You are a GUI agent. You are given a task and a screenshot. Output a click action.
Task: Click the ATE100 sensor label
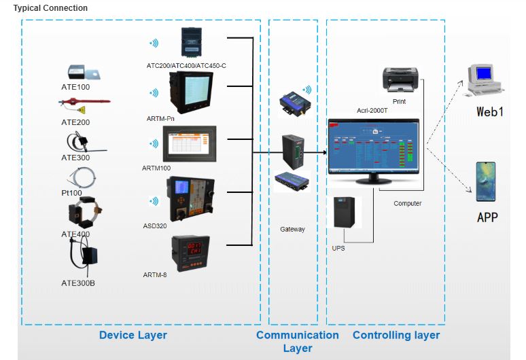click(75, 87)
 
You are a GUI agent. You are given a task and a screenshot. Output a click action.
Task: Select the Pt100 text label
click(71, 193)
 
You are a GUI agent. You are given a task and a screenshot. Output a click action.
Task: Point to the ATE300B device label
click(78, 283)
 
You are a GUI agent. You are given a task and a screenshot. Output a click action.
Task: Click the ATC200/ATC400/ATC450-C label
click(186, 65)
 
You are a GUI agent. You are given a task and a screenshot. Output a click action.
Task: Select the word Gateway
click(293, 229)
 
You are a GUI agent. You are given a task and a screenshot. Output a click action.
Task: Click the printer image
click(399, 80)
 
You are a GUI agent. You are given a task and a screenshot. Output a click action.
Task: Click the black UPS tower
click(344, 213)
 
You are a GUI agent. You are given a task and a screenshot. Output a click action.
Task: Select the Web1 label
click(489, 111)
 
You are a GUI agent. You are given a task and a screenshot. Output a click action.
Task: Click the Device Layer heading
click(133, 335)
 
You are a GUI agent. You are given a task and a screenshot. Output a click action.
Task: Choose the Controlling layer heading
click(396, 335)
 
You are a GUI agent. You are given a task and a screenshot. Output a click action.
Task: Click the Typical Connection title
click(50, 8)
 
